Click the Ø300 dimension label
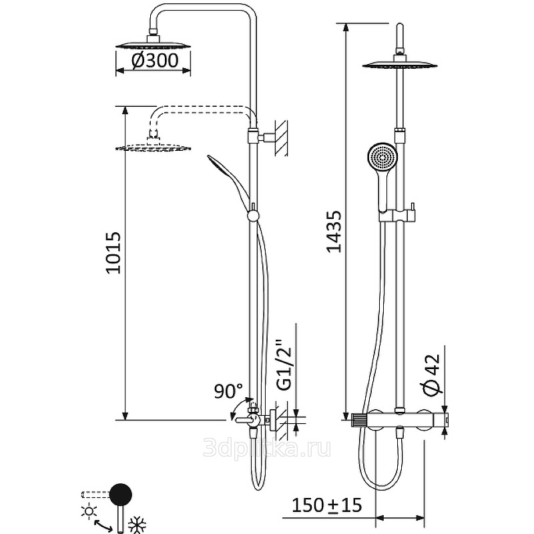click(x=154, y=61)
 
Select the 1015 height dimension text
click(x=113, y=254)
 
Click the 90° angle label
click(x=228, y=390)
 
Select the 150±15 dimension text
click(x=327, y=505)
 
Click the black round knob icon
click(x=121, y=495)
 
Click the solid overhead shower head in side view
click(x=154, y=45)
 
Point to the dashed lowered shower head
click(x=154, y=146)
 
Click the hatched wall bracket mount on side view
click(x=282, y=137)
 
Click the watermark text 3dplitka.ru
click(x=267, y=447)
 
